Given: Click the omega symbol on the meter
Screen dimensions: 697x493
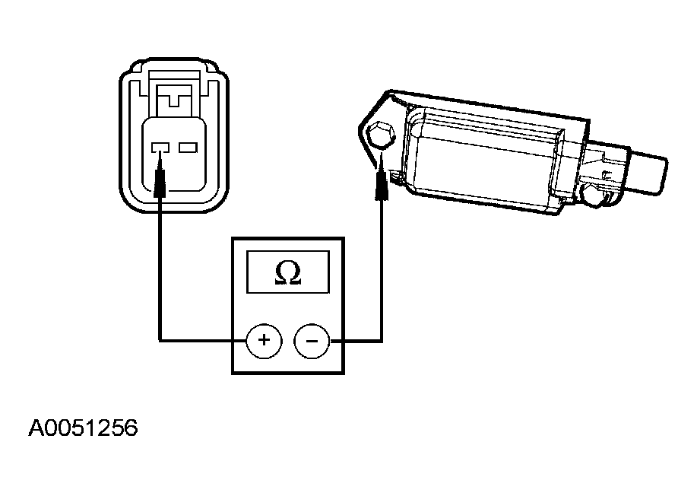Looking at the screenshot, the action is point(288,272).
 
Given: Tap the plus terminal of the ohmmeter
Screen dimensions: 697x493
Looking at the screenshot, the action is point(264,341).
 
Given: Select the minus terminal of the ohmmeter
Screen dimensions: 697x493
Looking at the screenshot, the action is point(312,341).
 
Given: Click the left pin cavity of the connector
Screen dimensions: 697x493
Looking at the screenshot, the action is point(160,148).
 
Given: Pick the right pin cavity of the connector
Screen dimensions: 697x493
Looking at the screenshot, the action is point(188,148).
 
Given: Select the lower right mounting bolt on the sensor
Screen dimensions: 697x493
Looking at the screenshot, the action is point(593,195).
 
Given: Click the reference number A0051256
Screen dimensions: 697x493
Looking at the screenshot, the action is point(83,428).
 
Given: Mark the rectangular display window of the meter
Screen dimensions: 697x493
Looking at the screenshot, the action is point(288,272).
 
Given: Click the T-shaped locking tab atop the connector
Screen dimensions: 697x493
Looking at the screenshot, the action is point(175,96).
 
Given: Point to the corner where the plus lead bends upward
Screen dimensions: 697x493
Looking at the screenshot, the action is point(160,341).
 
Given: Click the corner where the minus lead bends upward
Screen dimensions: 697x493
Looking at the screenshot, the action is point(382,341).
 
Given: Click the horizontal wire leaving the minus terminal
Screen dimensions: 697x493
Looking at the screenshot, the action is point(356,342).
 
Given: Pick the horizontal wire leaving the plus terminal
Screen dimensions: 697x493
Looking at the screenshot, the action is point(203,342).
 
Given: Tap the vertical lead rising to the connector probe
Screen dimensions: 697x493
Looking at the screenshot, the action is point(160,269).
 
